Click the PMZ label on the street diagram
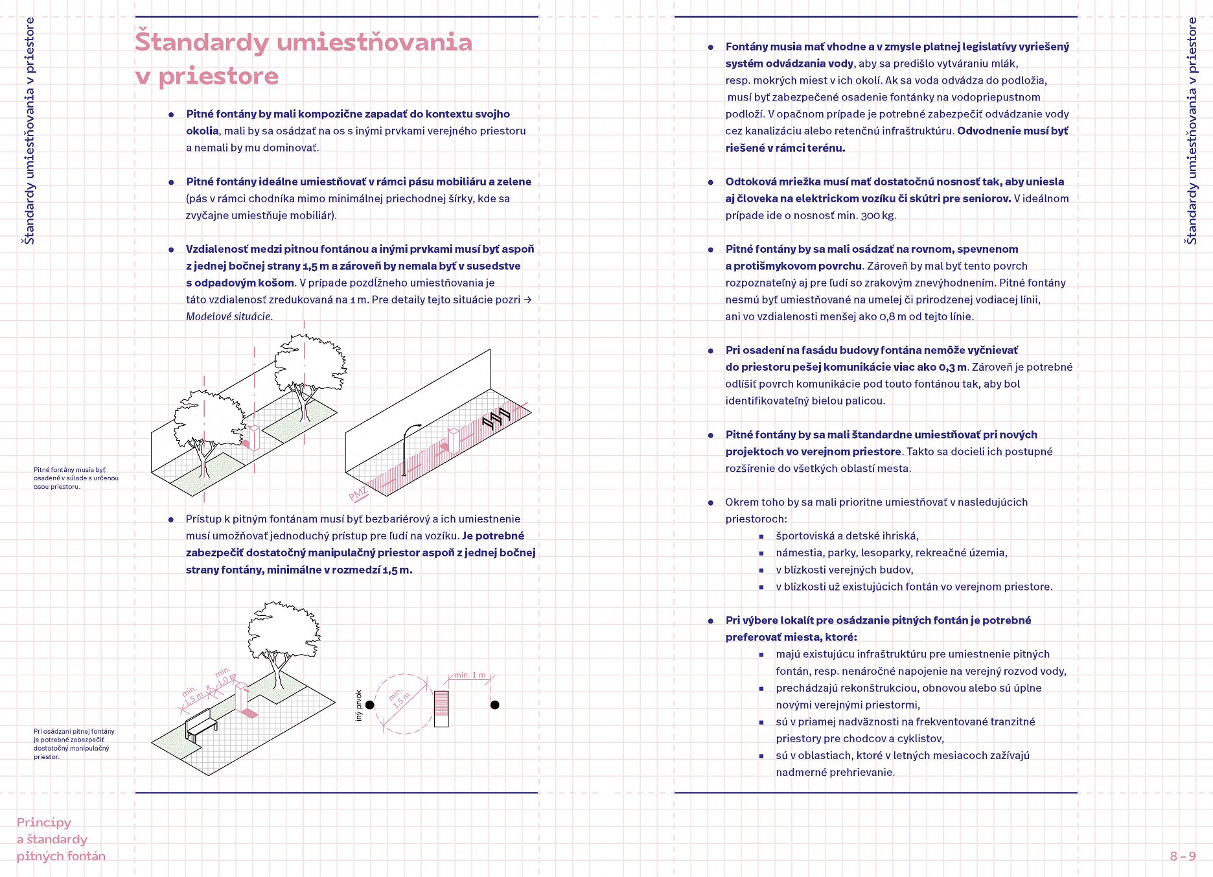[358, 495]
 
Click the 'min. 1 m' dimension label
[469, 675]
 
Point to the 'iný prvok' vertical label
[358, 705]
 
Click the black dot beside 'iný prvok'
[370, 705]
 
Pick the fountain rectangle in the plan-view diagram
[441, 708]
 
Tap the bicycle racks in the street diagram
[496, 419]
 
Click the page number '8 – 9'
[1183, 856]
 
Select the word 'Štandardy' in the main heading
[202, 42]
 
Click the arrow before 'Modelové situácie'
[527, 299]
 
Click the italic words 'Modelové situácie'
[229, 317]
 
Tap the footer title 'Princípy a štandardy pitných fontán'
[61, 839]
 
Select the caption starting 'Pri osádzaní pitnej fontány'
[73, 743]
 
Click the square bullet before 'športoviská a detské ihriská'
[762, 537]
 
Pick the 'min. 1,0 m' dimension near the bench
[225, 677]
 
